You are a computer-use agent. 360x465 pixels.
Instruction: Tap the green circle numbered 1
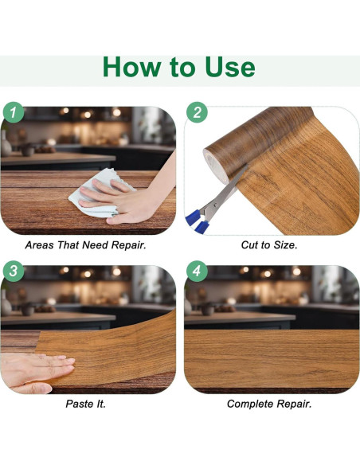14,112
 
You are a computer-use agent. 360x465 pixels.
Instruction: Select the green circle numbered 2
197,112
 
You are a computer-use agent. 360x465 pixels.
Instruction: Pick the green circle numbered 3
14,271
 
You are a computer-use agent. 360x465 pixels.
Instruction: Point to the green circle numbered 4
197,271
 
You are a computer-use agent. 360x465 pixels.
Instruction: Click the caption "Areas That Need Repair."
86,245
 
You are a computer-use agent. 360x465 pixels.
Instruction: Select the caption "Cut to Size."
269,245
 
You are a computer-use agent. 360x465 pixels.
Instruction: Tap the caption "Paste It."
86,404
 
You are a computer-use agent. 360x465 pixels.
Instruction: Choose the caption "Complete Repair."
269,404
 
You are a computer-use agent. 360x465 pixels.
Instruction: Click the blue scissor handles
197,221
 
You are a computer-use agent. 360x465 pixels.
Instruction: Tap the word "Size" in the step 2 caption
285,245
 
